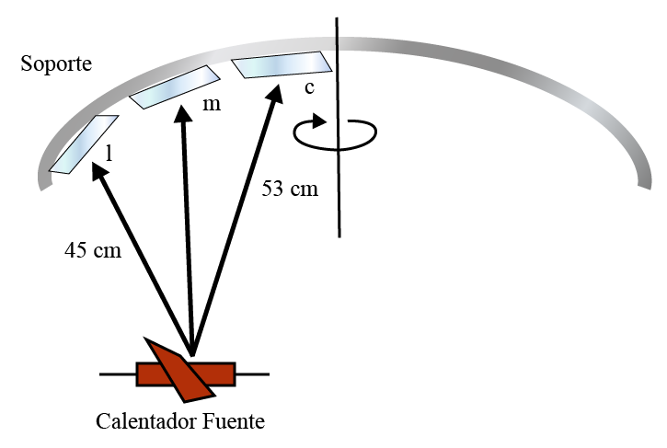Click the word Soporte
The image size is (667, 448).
(56, 63)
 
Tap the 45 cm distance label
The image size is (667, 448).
(93, 250)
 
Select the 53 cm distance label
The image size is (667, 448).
(290, 189)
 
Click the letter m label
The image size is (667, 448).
(212, 105)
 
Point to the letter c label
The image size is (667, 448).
(309, 87)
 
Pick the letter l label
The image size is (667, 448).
(109, 153)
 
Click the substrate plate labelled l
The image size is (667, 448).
(84, 144)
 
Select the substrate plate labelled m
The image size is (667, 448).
(175, 86)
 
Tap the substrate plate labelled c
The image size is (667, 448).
(282, 64)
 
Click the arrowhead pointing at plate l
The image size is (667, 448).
(98, 170)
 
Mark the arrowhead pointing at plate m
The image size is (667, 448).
(183, 112)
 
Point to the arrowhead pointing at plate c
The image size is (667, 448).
(275, 92)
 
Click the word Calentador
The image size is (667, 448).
(146, 421)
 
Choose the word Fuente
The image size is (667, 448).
(233, 421)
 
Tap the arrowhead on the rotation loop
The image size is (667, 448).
(319, 121)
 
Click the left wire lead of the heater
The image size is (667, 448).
(118, 374)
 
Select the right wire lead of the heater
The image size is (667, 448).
(252, 374)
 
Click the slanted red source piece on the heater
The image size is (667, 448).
(178, 370)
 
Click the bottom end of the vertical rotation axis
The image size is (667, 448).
(339, 236)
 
